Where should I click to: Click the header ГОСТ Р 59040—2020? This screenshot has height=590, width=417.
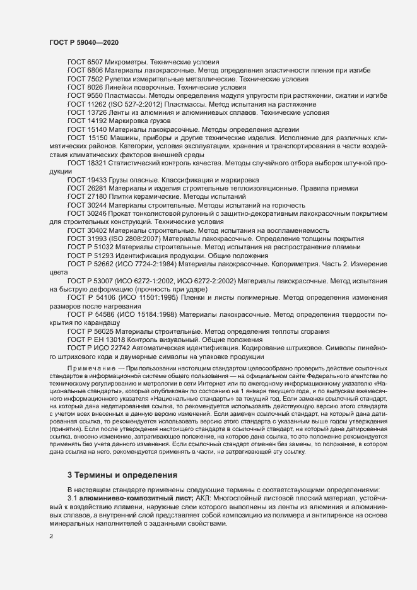(x=84, y=42)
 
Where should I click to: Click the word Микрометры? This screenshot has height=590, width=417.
(x=129, y=62)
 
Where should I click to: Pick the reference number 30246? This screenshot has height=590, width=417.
(x=97, y=213)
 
